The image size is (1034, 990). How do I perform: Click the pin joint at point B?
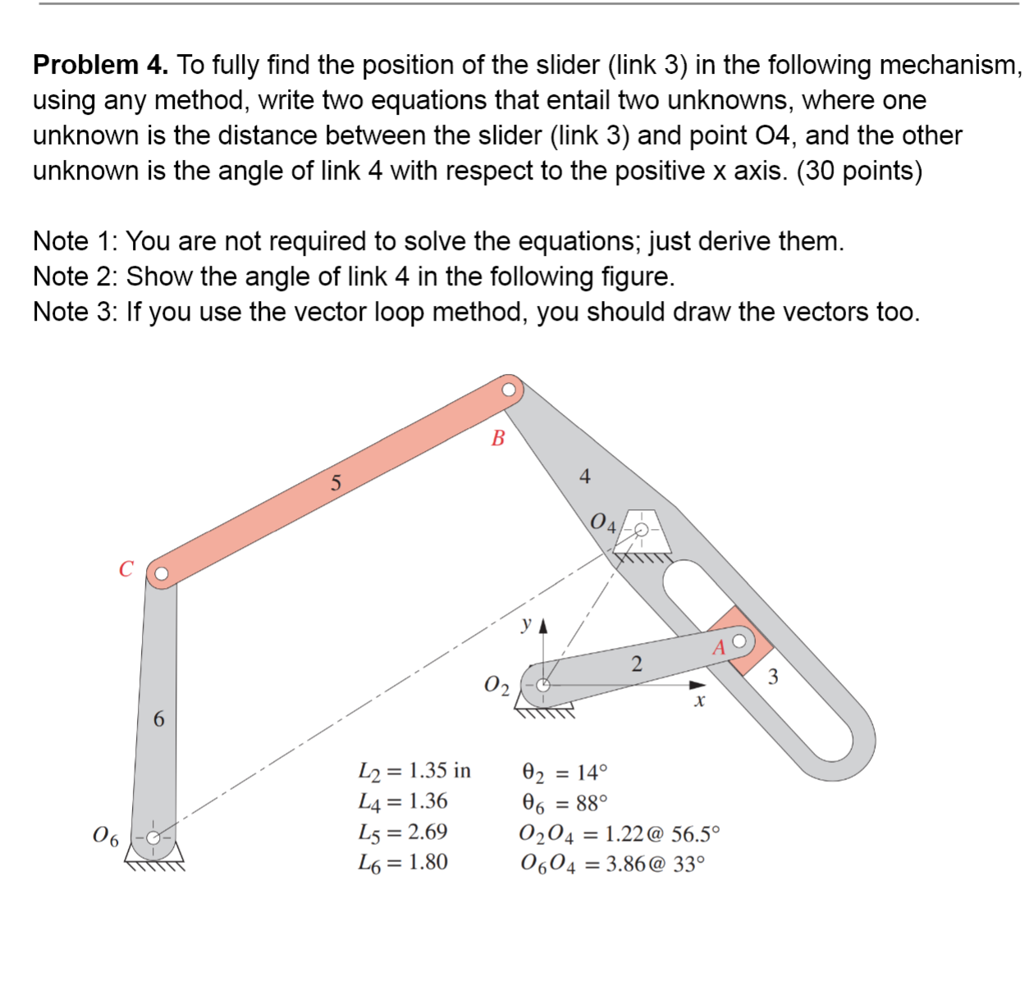[510, 389]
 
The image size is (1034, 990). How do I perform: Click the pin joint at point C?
[161, 573]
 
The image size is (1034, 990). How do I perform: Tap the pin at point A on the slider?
[739, 641]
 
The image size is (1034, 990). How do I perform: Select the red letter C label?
[126, 569]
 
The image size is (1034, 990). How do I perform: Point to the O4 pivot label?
[602, 522]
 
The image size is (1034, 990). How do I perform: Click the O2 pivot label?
[496, 685]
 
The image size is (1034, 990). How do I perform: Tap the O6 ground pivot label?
[106, 837]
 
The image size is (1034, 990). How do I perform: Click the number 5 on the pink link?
[335, 483]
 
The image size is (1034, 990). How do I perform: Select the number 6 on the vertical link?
[159, 719]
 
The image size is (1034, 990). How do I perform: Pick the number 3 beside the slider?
[772, 677]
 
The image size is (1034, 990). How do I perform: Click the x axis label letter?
[699, 702]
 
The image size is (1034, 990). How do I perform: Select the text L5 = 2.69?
[403, 832]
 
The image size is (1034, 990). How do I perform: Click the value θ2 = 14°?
[565, 772]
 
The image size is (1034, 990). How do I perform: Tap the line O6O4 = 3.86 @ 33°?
[611, 864]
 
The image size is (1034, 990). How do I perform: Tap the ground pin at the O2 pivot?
[542, 682]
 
